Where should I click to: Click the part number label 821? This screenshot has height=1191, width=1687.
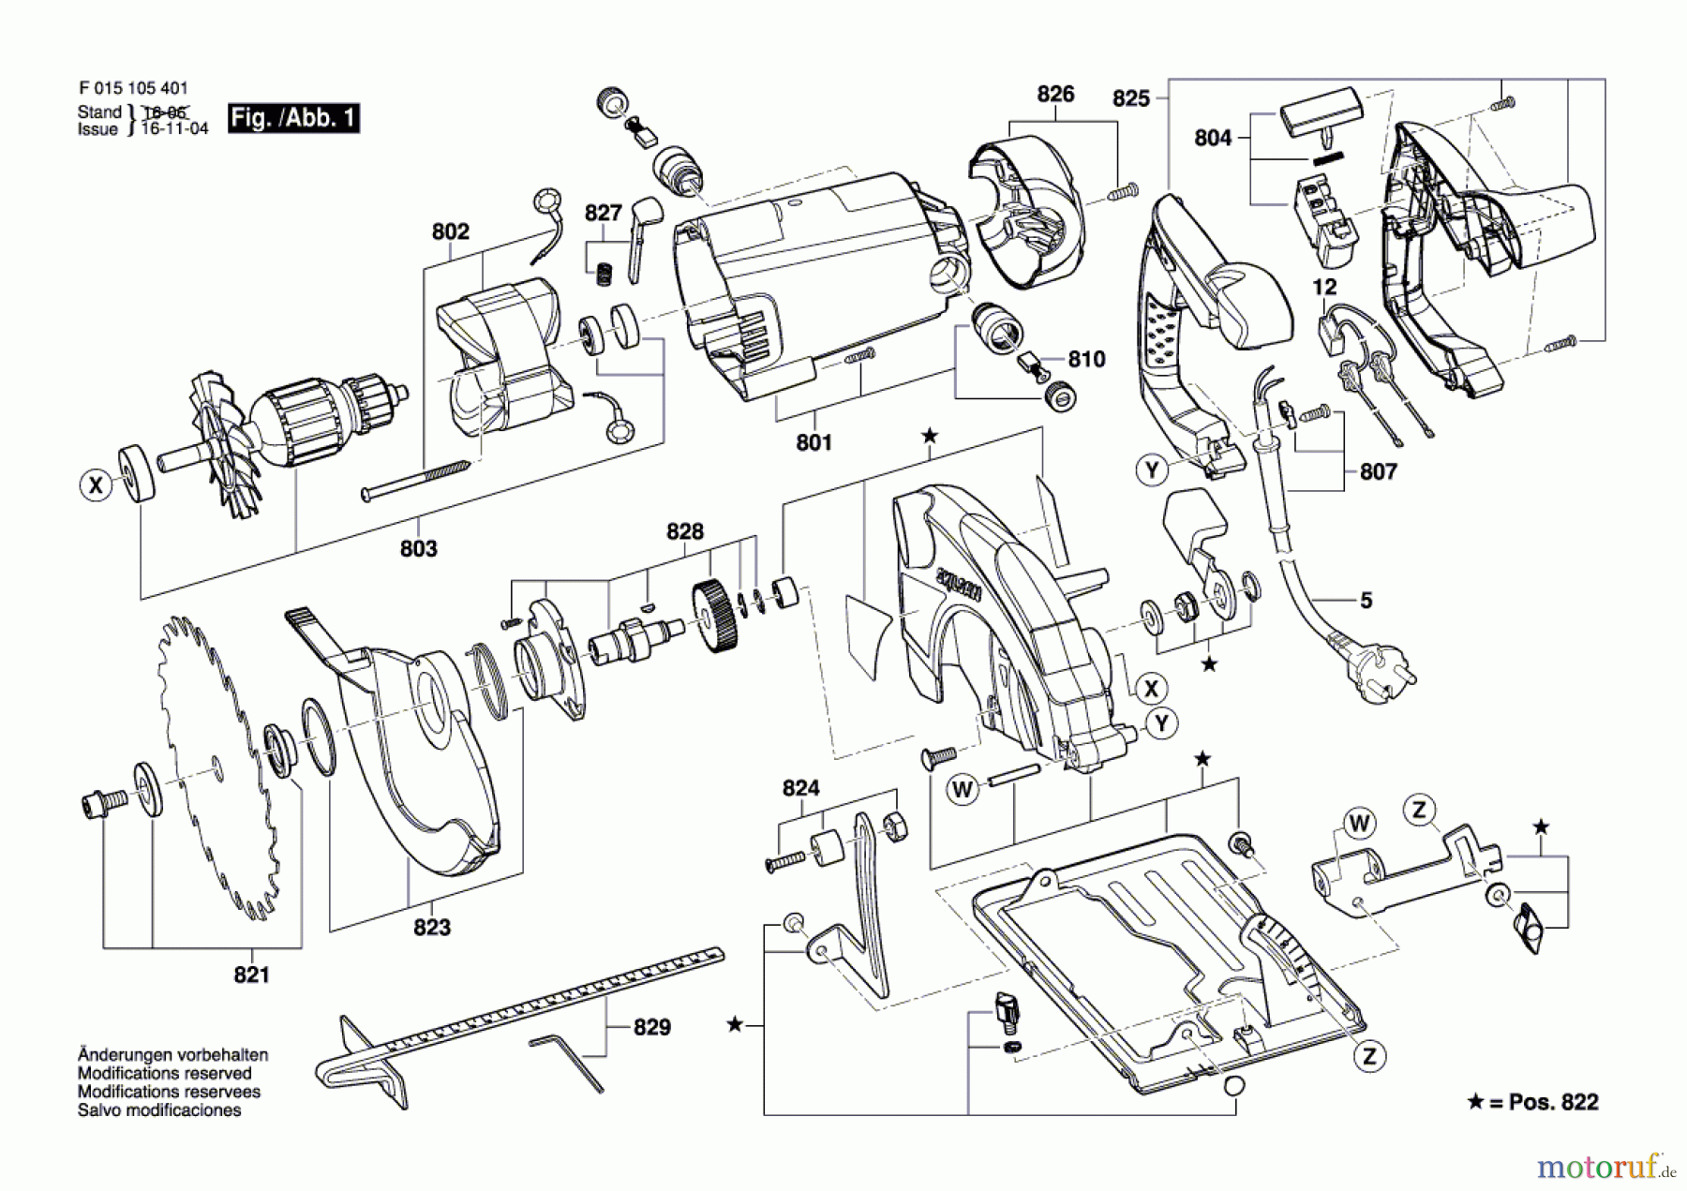[x=251, y=975]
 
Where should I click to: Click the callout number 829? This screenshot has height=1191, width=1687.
[x=651, y=1027]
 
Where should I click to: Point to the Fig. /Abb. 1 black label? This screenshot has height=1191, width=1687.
[x=293, y=118]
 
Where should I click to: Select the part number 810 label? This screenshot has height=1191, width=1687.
[x=1086, y=359]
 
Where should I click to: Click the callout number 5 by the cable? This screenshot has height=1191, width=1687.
[x=1366, y=600]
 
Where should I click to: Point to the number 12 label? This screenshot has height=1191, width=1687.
[x=1324, y=287]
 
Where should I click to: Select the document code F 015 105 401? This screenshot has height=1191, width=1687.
[x=133, y=88]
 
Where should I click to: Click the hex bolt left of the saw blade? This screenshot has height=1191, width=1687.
[x=100, y=803]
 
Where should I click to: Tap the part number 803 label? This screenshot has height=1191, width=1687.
[x=418, y=548]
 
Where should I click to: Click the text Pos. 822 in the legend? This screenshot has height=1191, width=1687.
[x=1552, y=1102]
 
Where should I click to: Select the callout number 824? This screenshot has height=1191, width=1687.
[x=800, y=788]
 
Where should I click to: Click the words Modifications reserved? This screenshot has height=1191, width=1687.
[x=164, y=1073]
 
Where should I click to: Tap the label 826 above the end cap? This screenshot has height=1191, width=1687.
[x=1055, y=94]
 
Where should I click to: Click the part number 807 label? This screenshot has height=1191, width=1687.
[x=1378, y=471]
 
